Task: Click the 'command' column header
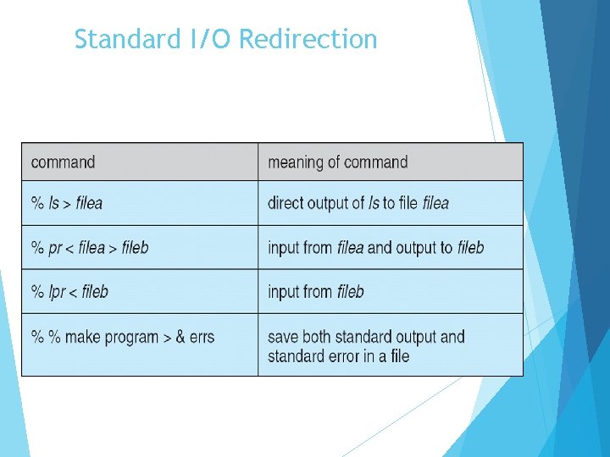point(63,162)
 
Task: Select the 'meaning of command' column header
point(337,162)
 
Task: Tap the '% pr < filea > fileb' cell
point(89,248)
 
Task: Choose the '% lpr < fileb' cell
point(69,292)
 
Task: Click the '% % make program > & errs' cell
point(122,337)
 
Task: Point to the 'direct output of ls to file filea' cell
point(358,203)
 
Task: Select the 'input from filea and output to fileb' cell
point(375,248)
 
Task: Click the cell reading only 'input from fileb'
point(315,292)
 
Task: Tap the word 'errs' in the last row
point(202,337)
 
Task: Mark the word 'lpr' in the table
point(57,292)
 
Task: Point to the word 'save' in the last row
point(284,337)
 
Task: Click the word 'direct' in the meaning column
point(287,203)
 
